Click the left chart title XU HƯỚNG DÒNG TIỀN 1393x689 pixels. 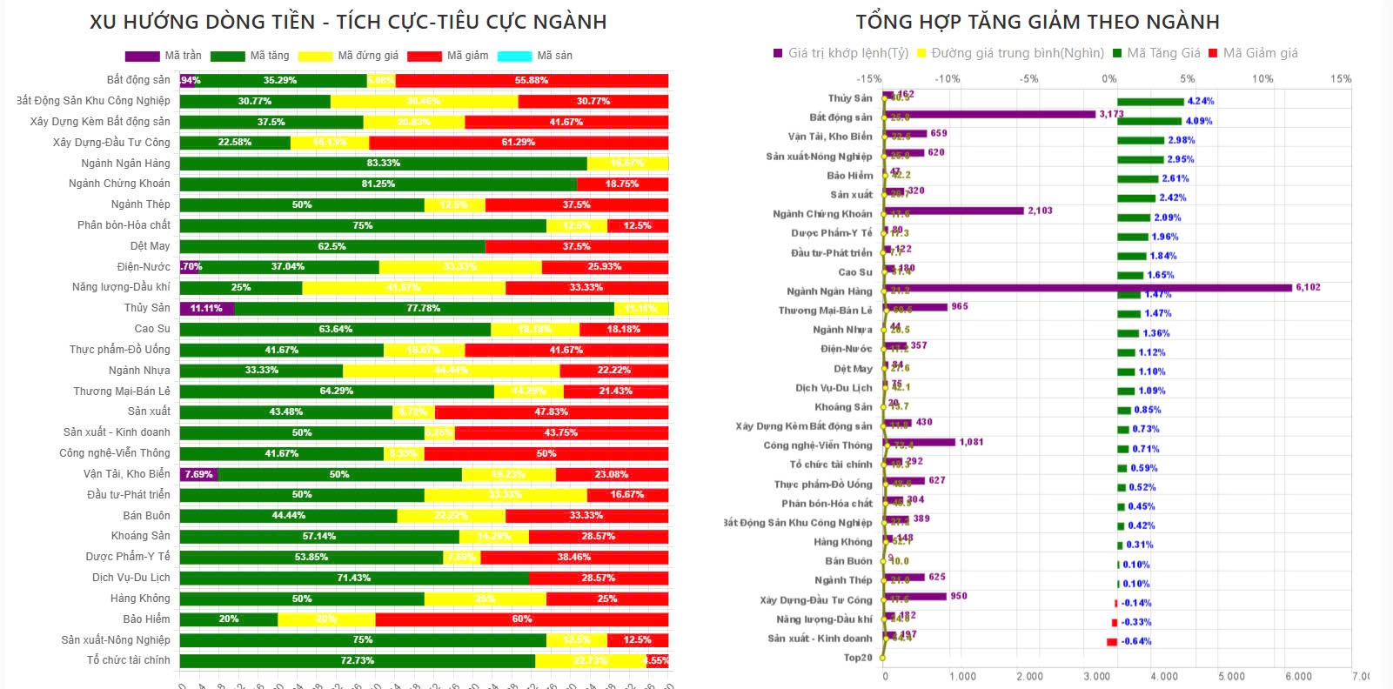[x=348, y=22]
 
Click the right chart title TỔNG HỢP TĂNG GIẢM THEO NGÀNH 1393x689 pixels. [x=1037, y=22]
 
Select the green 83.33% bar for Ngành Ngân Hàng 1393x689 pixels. [x=383, y=164]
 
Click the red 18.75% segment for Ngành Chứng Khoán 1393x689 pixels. [x=622, y=184]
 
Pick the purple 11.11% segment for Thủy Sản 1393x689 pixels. [x=206, y=309]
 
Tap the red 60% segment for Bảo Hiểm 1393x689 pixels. [x=521, y=619]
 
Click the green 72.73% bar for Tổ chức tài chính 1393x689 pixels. [x=357, y=661]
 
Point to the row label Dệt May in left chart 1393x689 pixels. [x=150, y=246]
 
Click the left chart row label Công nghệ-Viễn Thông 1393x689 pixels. [x=114, y=453]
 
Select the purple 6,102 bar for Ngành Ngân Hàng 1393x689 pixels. [x=1088, y=288]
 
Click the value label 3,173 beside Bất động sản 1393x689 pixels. [x=1111, y=114]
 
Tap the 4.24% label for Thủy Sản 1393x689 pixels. [x=1200, y=101]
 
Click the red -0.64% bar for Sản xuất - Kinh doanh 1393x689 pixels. [x=1111, y=642]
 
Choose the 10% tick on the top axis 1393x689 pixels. [x=1262, y=79]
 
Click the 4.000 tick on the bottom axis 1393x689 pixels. [x=1164, y=676]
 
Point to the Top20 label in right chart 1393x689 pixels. [x=857, y=658]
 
